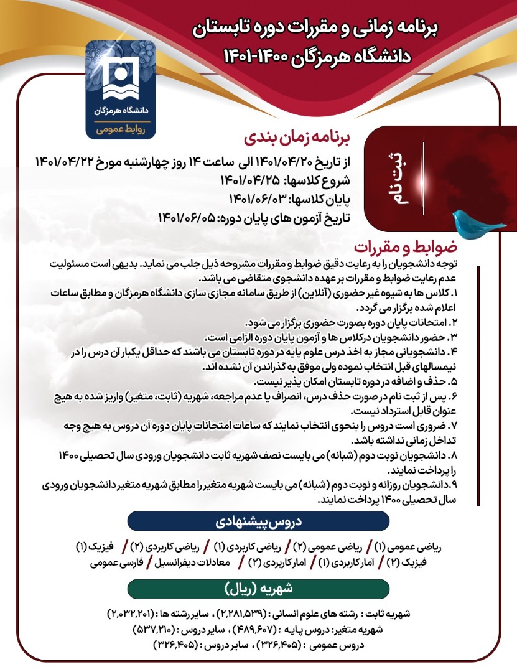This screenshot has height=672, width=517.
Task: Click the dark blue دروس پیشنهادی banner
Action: pyautogui.click(x=258, y=522)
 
